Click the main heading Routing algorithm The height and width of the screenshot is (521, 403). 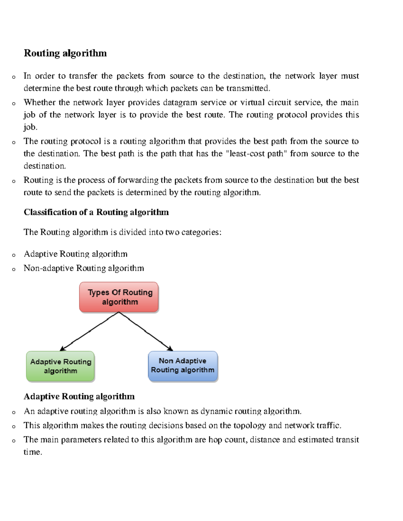click(x=65, y=53)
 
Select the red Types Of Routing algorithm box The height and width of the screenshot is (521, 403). click(x=119, y=297)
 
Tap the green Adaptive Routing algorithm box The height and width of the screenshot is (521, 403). click(x=60, y=366)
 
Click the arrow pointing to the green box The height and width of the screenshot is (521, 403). click(x=89, y=331)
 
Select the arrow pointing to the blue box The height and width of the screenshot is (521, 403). click(x=146, y=331)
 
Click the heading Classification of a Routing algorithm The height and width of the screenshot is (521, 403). click(x=96, y=212)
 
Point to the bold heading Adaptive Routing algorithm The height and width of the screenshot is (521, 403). click(x=79, y=396)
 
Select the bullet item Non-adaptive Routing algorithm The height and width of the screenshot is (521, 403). click(x=84, y=268)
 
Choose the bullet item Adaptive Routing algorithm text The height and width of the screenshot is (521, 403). click(x=76, y=254)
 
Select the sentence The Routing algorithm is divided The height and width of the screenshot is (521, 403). click(x=122, y=232)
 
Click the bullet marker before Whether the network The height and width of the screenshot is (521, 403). click(x=13, y=103)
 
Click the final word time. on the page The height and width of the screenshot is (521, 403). click(x=33, y=452)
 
